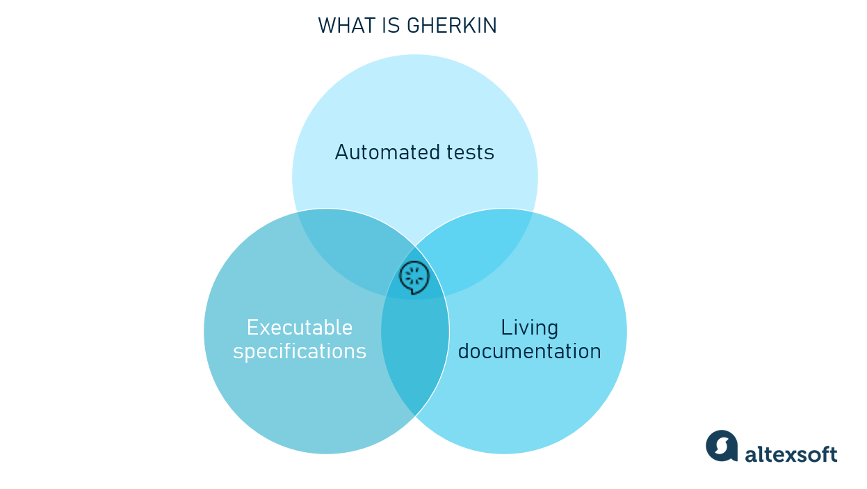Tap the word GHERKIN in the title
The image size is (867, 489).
[452, 26]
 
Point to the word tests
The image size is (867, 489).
[470, 152]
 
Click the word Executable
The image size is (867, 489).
[300, 328]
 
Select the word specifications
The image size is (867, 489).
[300, 351]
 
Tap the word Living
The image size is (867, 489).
[529, 328]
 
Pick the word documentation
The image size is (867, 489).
[529, 351]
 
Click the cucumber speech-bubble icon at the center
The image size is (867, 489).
[414, 278]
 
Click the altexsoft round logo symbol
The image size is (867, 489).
[721, 446]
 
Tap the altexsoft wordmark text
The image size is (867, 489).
[791, 454]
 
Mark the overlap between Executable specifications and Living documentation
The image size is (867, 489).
[415, 355]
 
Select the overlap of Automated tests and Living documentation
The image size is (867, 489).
[483, 247]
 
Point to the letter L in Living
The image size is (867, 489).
[505, 328]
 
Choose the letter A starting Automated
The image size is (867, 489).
[341, 152]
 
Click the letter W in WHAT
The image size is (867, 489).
[326, 26]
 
